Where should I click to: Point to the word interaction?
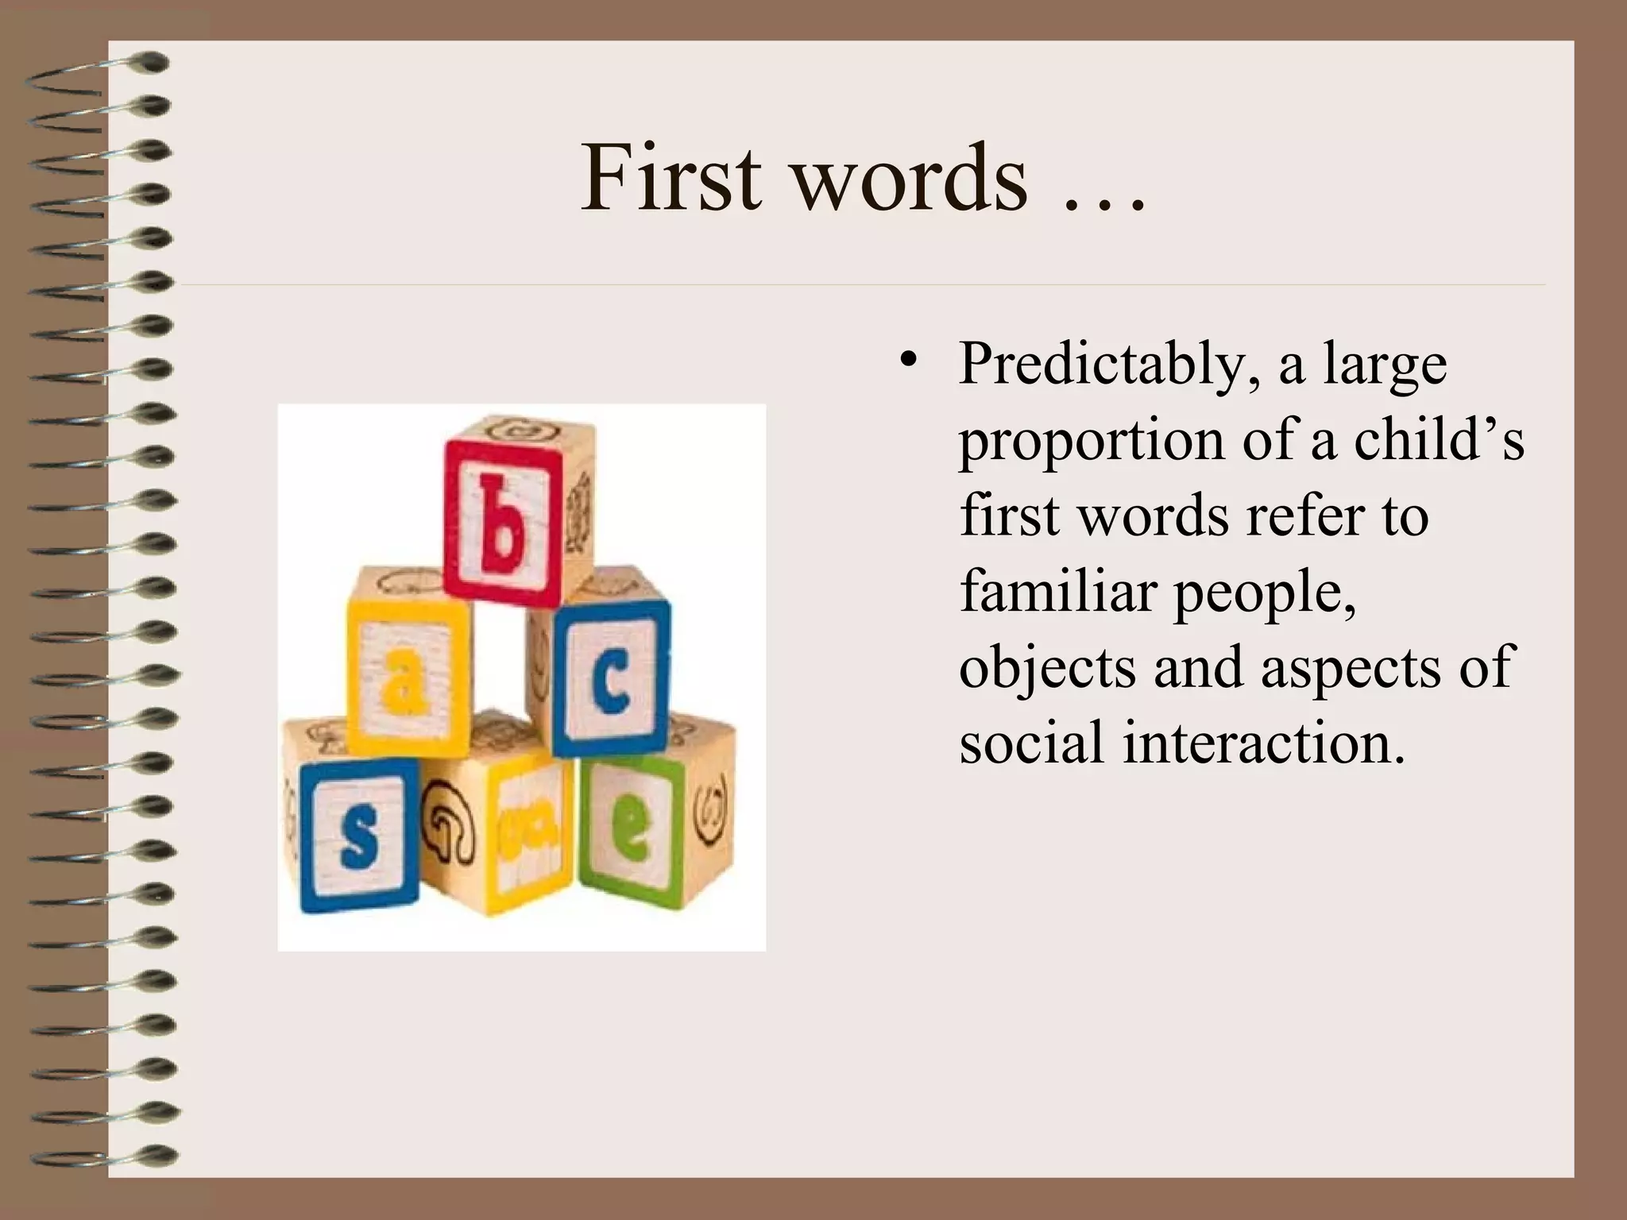1263,743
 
